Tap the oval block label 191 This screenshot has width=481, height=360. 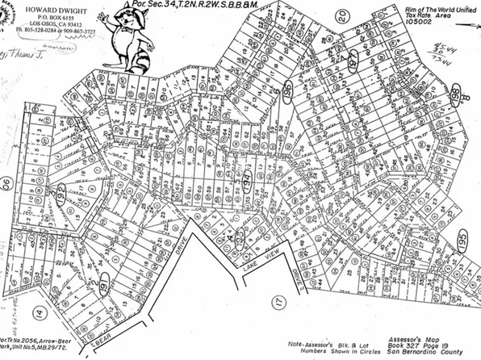click(106, 282)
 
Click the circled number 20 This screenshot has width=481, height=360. click(341, 15)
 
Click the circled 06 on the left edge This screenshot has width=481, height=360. click(6, 183)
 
